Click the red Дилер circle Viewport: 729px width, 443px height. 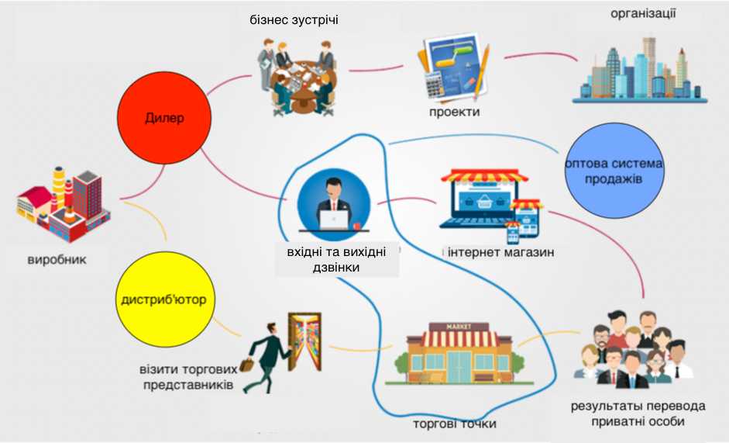coord(164,119)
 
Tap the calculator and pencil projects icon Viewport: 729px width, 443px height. coord(453,70)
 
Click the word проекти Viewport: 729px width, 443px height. coord(454,112)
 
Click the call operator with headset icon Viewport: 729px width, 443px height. coord(334,204)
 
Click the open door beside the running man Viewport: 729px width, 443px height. coord(304,342)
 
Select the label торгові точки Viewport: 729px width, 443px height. coord(454,424)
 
